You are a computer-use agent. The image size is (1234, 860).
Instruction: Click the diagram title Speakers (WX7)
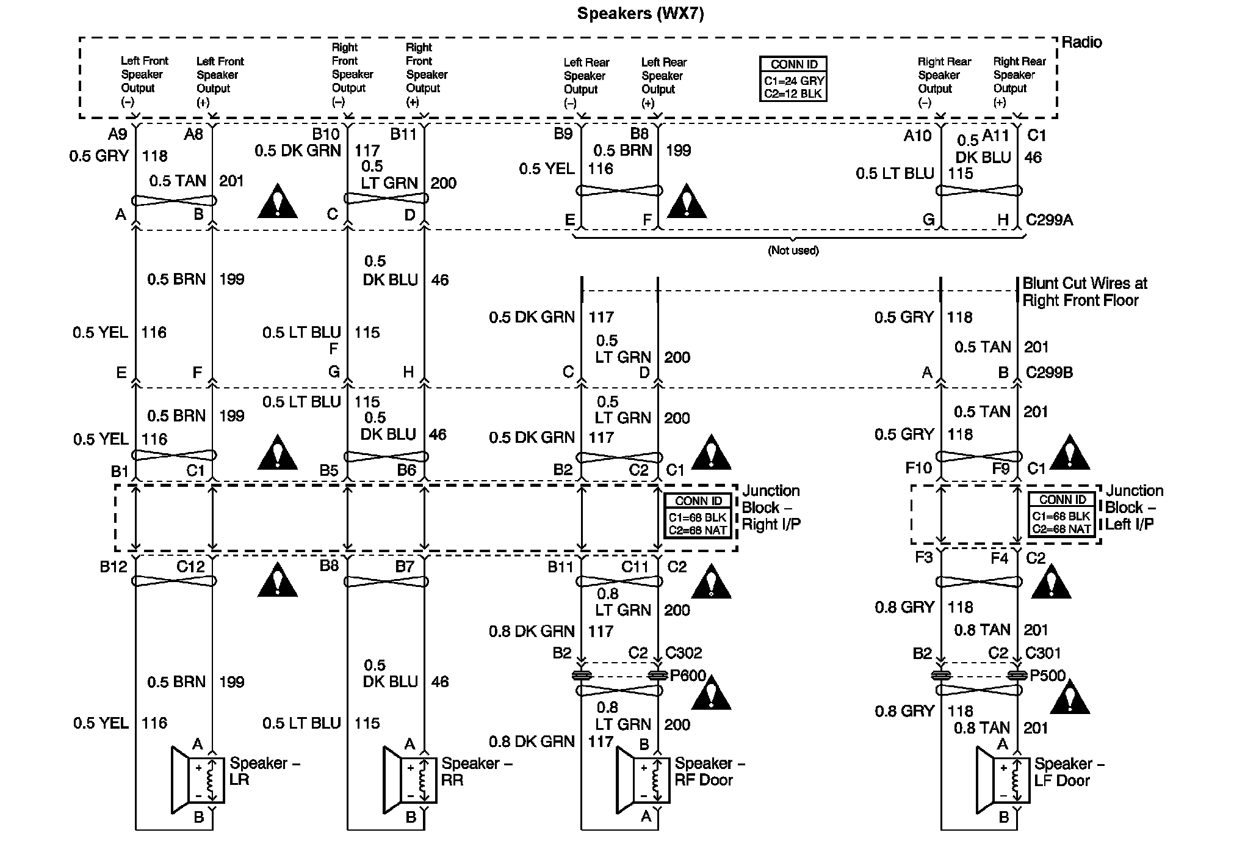[640, 13]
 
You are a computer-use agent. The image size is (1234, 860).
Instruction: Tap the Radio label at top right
[1081, 42]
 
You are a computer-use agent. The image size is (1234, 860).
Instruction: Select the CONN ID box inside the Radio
[793, 79]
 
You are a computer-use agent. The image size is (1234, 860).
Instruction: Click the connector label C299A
[1048, 220]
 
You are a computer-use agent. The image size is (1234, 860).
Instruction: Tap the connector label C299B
[1049, 373]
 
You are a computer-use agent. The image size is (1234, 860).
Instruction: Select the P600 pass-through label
[688, 676]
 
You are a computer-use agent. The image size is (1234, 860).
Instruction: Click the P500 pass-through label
[1047, 676]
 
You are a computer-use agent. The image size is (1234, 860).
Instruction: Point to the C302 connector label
[684, 653]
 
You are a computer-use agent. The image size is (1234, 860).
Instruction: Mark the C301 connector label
[1043, 653]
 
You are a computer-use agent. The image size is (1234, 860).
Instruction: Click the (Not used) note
[793, 250]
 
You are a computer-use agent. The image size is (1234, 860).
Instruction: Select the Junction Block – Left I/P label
[1133, 508]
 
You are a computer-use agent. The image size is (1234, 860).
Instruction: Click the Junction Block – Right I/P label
[771, 508]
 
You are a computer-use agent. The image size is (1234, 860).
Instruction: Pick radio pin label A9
[118, 134]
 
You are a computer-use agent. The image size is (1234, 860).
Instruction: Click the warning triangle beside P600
[711, 693]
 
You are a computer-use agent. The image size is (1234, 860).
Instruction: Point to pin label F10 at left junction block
[918, 468]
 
